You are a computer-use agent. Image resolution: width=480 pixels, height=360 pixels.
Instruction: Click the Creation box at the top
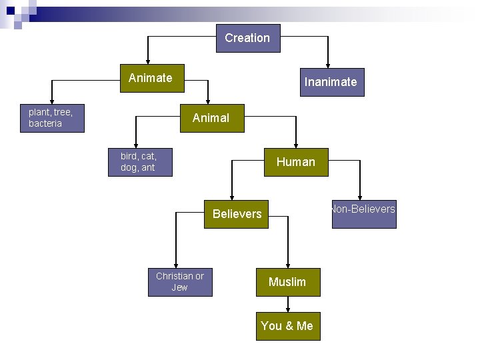tap(248, 38)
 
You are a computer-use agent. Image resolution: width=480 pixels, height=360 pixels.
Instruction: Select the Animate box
tap(151, 78)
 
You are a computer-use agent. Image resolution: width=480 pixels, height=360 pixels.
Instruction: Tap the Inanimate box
tap(331, 82)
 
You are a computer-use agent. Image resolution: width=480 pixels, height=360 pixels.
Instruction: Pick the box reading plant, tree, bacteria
tap(52, 118)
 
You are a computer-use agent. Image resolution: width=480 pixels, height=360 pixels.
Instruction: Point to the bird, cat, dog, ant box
tap(140, 162)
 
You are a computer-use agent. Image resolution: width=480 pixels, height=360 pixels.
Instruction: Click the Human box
tap(296, 162)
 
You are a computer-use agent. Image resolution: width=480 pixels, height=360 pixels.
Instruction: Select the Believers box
tap(236, 214)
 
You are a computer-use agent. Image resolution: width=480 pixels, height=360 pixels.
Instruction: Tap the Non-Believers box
tap(364, 214)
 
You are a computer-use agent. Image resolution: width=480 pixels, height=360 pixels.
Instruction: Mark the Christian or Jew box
tap(180, 282)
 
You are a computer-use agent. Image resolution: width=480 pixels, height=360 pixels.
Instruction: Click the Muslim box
tap(288, 282)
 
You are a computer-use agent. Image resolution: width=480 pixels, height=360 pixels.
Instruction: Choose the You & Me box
tap(288, 326)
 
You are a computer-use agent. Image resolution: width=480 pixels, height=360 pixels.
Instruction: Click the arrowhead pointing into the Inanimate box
tap(328, 65)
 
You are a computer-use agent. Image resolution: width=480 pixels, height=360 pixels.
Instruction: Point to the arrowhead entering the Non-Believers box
tap(360, 197)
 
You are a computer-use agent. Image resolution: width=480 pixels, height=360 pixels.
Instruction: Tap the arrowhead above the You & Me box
tap(288, 309)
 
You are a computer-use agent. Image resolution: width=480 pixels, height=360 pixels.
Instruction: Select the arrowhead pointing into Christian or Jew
tap(176, 265)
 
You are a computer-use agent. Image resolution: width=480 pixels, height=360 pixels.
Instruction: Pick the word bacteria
tap(45, 124)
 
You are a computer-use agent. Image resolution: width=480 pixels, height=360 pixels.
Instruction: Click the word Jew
tap(180, 288)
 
